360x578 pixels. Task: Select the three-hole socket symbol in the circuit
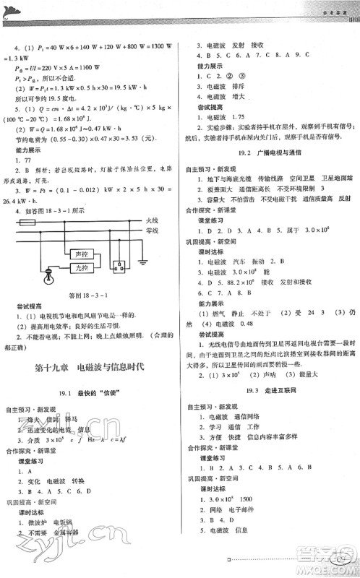tap(120, 267)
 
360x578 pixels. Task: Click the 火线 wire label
tap(152, 219)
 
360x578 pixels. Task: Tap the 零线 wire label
tap(152, 230)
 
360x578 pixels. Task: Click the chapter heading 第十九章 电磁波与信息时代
tap(90, 367)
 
